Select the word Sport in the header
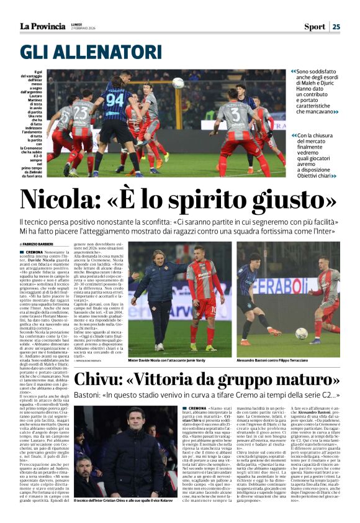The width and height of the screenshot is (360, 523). click(314, 26)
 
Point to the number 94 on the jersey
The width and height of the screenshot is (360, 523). click(115, 99)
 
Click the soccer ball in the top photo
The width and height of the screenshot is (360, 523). click(178, 83)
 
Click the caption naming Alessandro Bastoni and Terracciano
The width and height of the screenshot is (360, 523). click(289, 359)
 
